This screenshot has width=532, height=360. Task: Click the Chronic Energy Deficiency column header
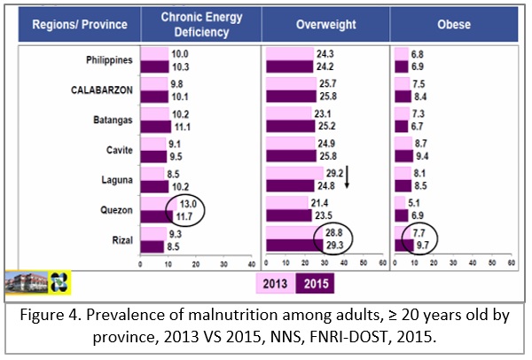point(196,25)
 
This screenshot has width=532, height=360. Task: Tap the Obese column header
point(451,25)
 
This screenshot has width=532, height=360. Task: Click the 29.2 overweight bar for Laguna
point(293,171)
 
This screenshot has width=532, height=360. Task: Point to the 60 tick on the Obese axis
point(511,263)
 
